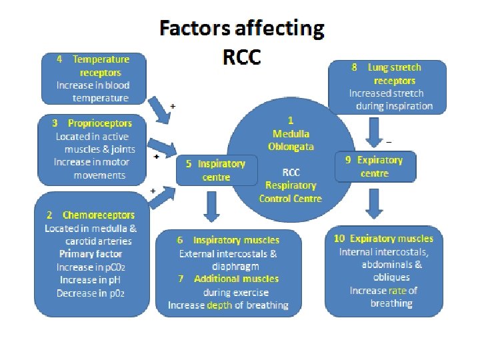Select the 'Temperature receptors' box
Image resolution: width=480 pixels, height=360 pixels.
(93, 79)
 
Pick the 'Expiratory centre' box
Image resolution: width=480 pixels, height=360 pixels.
(374, 167)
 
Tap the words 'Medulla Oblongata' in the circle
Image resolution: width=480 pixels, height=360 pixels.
(291, 140)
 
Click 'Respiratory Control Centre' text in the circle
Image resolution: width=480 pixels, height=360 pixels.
(291, 185)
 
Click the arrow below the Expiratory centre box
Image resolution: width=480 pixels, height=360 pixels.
(375, 203)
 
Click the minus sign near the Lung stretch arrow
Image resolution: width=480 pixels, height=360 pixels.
(389, 141)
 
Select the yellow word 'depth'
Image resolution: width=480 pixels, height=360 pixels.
(219, 305)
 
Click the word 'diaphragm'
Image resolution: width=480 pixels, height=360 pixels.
(228, 266)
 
